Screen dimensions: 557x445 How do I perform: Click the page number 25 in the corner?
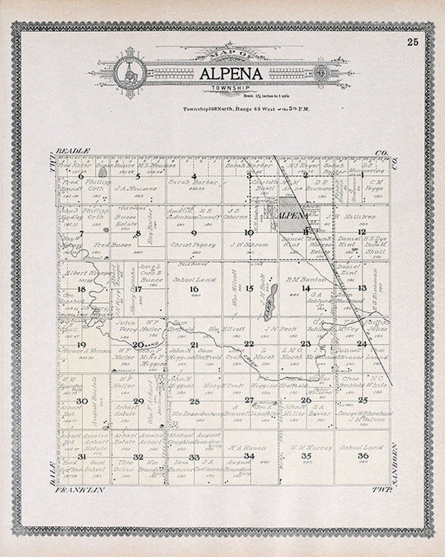[x=412, y=42]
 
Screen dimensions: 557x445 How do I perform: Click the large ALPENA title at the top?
[x=232, y=73]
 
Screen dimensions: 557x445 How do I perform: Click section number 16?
[x=194, y=289]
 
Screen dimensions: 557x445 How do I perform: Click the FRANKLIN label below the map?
[x=80, y=490]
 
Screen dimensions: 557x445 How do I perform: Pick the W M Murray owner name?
[x=305, y=448]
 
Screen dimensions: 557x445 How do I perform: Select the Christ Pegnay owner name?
[x=194, y=245]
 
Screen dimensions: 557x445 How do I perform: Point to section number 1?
[x=362, y=175]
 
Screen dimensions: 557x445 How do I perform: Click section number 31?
[x=82, y=456]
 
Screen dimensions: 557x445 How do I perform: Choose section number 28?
[x=194, y=401]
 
